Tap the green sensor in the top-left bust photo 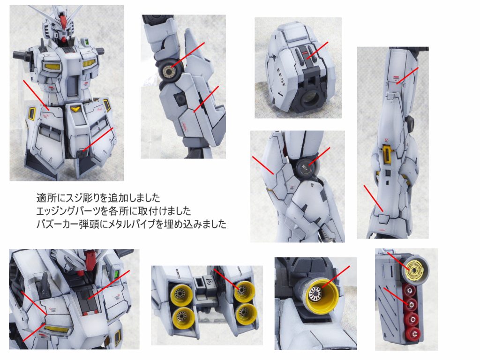click(87, 41)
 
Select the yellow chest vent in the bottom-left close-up click(57, 330)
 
